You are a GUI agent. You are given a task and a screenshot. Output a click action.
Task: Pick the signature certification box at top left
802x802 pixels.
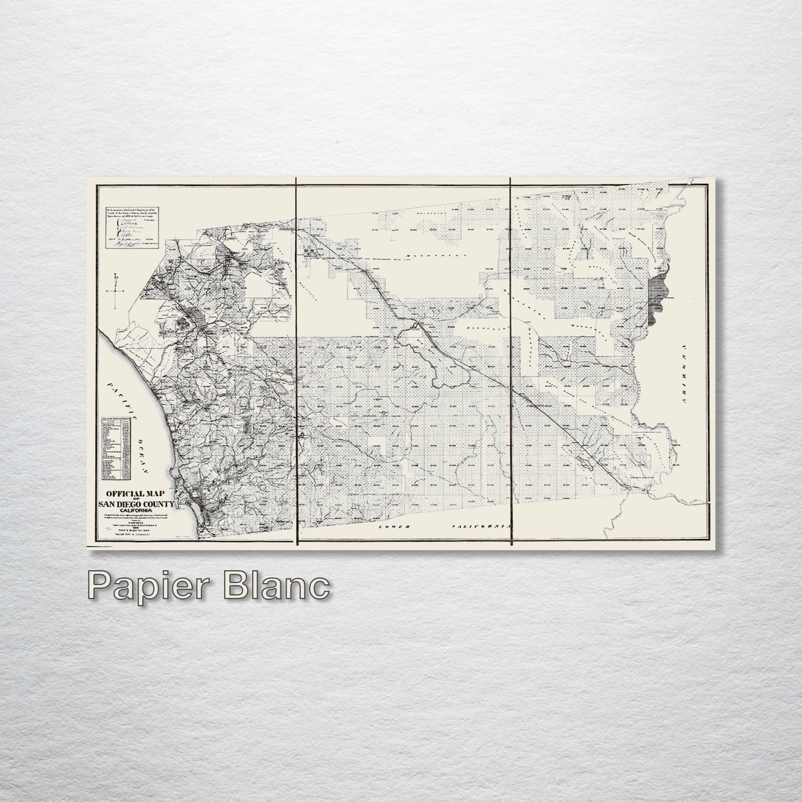point(132,226)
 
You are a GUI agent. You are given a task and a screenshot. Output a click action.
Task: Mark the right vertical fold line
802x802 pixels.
point(511,361)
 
